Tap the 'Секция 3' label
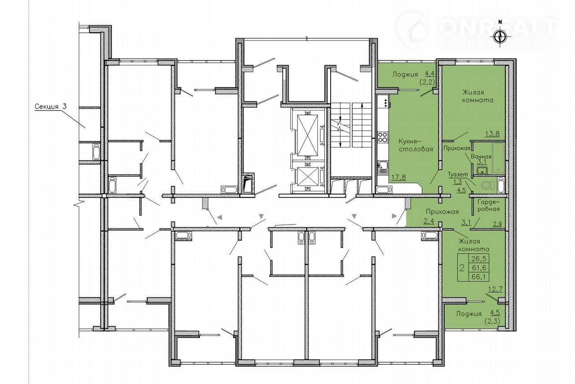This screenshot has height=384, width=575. point(51,106)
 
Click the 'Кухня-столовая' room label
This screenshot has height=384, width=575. point(416,145)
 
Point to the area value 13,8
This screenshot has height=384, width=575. point(492,134)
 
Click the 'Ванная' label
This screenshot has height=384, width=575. point(481,157)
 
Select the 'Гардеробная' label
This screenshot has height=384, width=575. point(488,206)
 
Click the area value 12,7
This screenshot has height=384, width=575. point(495,289)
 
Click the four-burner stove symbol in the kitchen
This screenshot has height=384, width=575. point(383,137)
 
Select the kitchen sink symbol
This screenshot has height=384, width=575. point(383,168)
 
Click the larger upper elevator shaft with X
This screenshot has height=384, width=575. point(307,135)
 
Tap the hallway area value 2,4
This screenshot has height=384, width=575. point(429,221)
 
